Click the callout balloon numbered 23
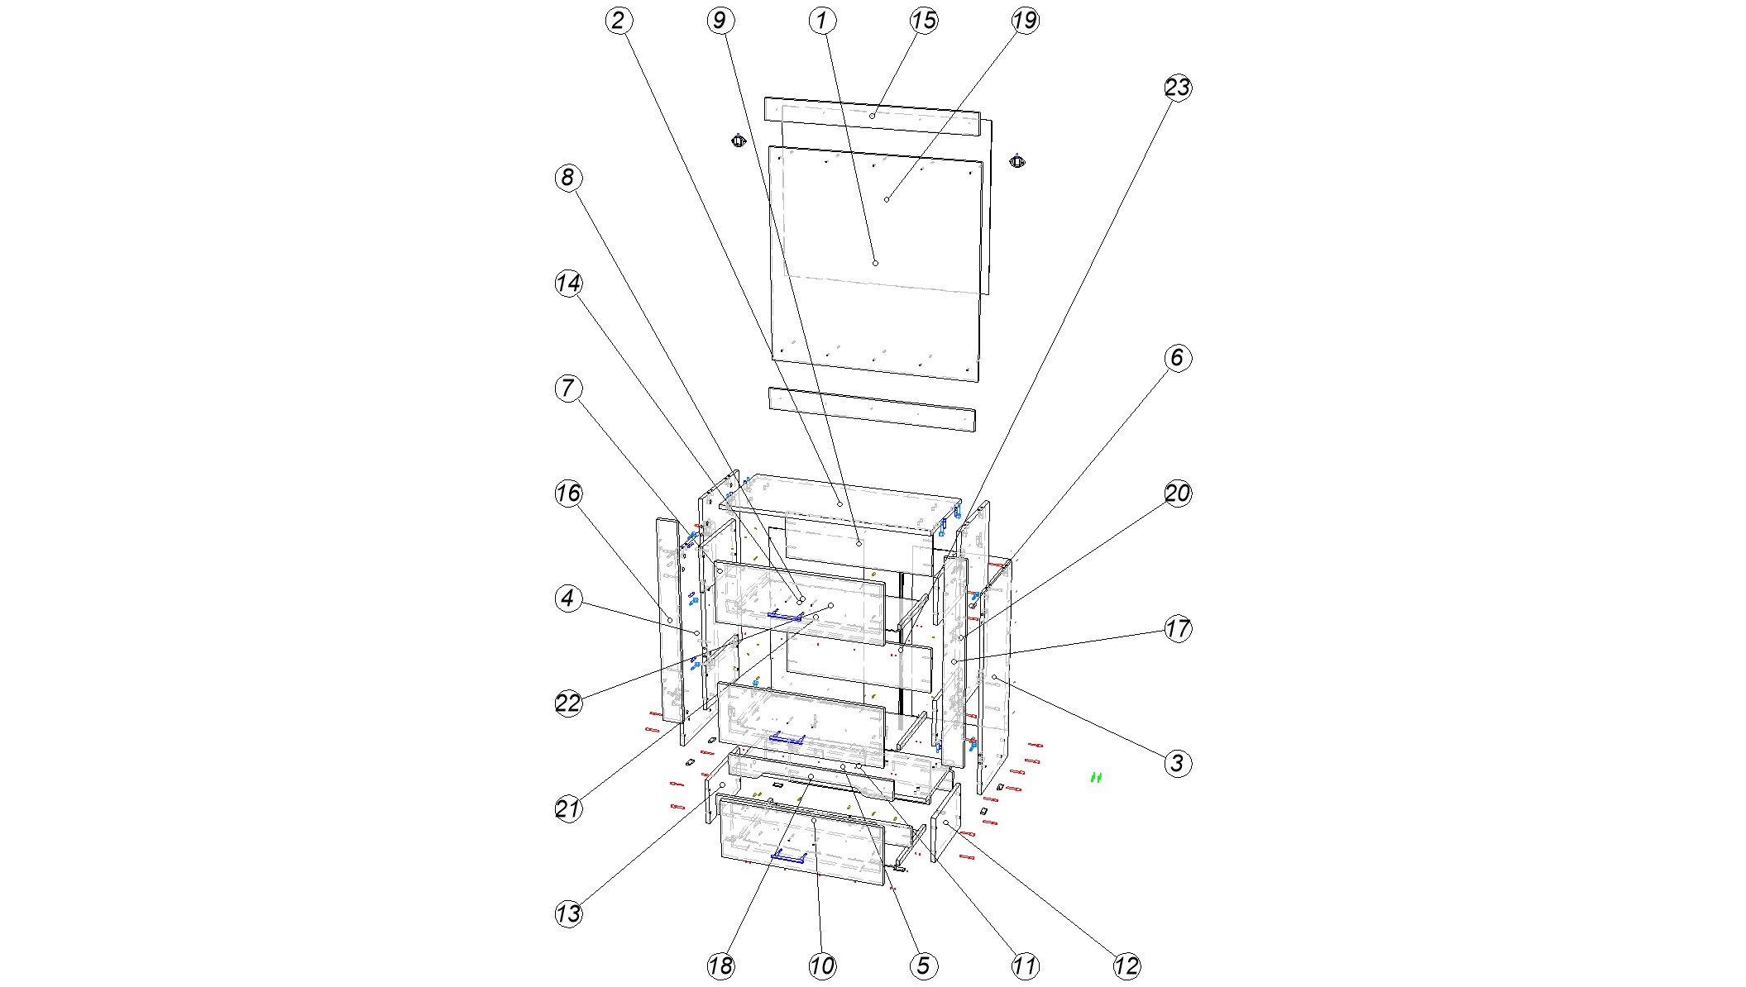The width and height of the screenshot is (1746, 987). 1177,88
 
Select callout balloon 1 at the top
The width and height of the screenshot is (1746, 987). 821,21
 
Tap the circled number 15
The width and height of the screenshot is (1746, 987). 923,21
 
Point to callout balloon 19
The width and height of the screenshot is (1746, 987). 1025,21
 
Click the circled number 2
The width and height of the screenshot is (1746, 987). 618,21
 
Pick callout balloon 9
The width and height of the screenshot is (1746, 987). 720,21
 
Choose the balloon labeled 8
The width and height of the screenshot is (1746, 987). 567,178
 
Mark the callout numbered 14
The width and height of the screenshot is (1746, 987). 567,284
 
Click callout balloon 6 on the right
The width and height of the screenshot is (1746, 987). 1177,358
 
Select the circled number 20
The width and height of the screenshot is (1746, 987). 1177,493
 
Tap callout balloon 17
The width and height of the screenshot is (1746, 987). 1177,628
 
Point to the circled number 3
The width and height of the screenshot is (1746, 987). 1177,763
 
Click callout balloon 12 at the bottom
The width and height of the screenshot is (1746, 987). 1126,966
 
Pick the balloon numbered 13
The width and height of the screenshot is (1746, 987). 567,913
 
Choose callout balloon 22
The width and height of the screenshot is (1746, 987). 567,703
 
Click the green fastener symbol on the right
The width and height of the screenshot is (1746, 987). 1096,777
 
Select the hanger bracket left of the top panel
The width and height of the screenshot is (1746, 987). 739,141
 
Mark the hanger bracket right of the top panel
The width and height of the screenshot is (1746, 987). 1017,160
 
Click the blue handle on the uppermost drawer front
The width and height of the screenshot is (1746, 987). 786,615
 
